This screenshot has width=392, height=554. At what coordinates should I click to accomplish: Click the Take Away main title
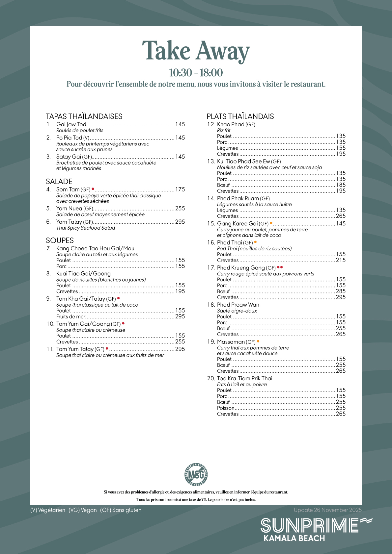pyautogui.click(x=196, y=51)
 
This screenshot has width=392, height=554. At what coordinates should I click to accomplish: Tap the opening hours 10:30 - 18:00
pyautogui.click(x=196, y=72)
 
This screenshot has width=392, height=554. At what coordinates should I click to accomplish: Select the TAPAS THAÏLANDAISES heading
pyautogui.click(x=84, y=116)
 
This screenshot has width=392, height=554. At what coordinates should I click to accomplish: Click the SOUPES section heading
pyautogui.click(x=60, y=240)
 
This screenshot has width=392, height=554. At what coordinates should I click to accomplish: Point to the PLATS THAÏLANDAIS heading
pyautogui.click(x=240, y=116)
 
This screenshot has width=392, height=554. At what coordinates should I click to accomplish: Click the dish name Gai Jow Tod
pyautogui.click(x=71, y=124)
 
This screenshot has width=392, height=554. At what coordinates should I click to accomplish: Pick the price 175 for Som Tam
pyautogui.click(x=180, y=189)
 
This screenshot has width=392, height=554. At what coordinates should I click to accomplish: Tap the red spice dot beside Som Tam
pyautogui.click(x=93, y=189)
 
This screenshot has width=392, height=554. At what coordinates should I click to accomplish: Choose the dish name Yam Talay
pyautogui.click(x=69, y=222)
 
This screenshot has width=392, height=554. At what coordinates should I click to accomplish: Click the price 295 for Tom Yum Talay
pyautogui.click(x=180, y=349)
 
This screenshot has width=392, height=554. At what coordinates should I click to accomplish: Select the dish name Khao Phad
pyautogui.click(x=231, y=124)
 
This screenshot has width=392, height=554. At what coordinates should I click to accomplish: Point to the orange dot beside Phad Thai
pyautogui.click(x=255, y=242)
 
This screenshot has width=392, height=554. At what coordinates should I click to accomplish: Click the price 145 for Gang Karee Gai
pyautogui.click(x=341, y=224)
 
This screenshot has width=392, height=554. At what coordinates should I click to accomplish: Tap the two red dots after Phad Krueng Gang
pyautogui.click(x=280, y=267)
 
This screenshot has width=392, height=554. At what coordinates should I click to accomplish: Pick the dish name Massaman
pyautogui.click(x=231, y=342)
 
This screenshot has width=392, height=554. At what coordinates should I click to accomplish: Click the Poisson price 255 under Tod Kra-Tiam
pyautogui.click(x=341, y=408)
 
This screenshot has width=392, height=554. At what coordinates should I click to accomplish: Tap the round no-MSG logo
pyautogui.click(x=196, y=474)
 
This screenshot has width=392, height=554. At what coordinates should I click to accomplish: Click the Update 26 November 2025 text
pyautogui.click(x=328, y=510)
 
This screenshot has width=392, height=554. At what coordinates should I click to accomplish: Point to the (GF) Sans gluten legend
pyautogui.click(x=121, y=510)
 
